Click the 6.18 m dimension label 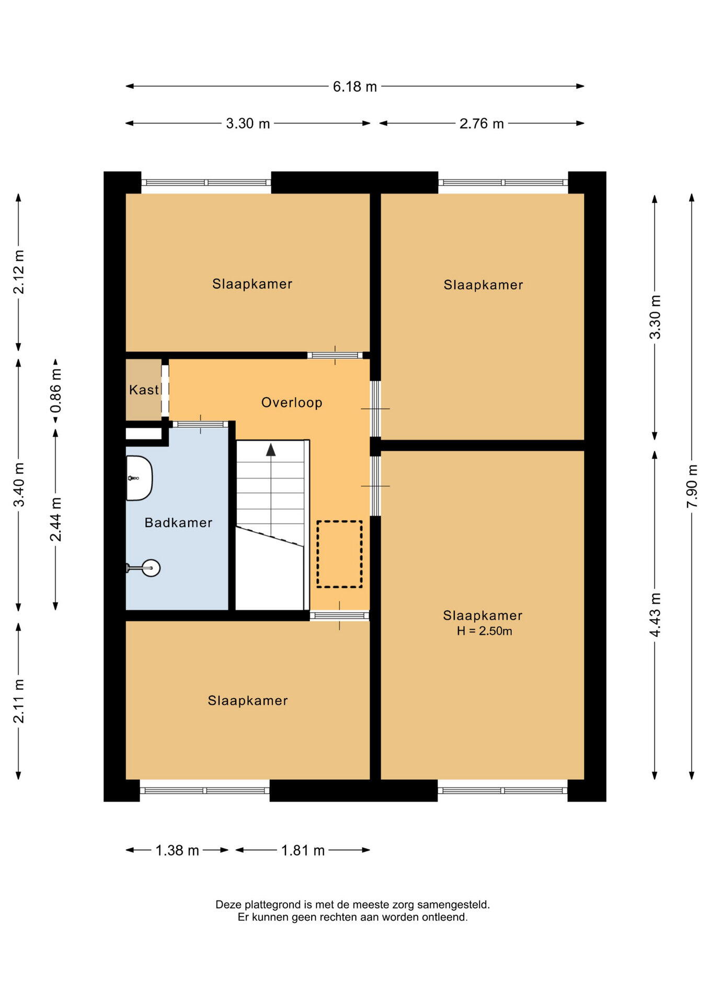(x=354, y=86)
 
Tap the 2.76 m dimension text (x=482, y=123)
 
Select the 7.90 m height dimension (x=692, y=486)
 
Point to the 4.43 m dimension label (x=655, y=615)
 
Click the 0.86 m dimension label (x=55, y=390)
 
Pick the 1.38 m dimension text (x=177, y=851)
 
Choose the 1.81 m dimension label (x=303, y=851)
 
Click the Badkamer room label (x=178, y=522)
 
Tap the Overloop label (x=292, y=402)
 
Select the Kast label (x=144, y=390)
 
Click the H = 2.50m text (x=484, y=631)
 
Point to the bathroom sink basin (x=139, y=478)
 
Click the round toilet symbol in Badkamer (x=151, y=568)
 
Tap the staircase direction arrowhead (x=271, y=449)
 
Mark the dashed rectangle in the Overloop (x=339, y=554)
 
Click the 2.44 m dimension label (x=55, y=519)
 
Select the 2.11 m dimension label (x=18, y=701)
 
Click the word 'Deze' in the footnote (x=229, y=905)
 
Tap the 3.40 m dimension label (x=18, y=485)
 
